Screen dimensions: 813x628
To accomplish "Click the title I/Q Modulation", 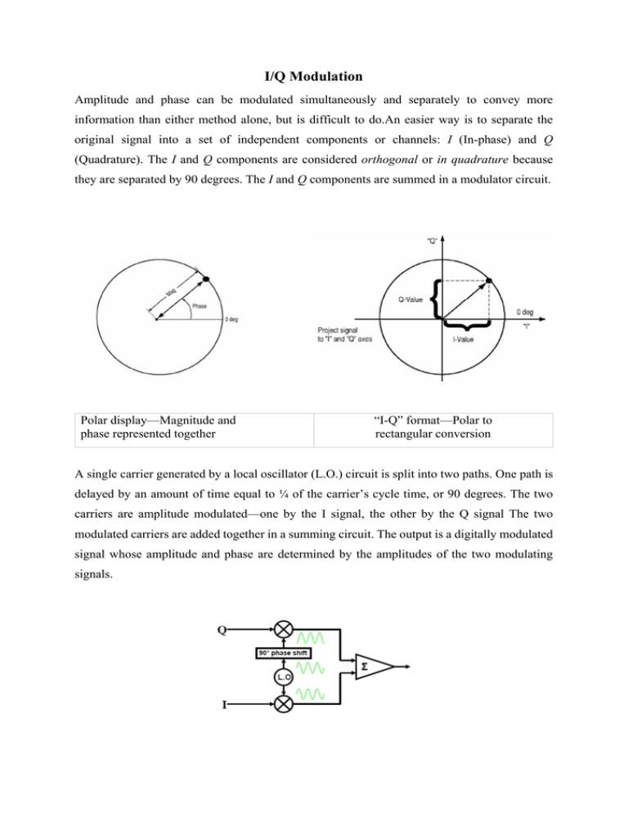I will coord(314,79).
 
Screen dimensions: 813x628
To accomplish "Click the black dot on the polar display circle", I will coord(205,280).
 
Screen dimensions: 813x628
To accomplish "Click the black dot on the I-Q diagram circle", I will coord(489,281).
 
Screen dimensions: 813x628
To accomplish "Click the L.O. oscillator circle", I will coord(282,676).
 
